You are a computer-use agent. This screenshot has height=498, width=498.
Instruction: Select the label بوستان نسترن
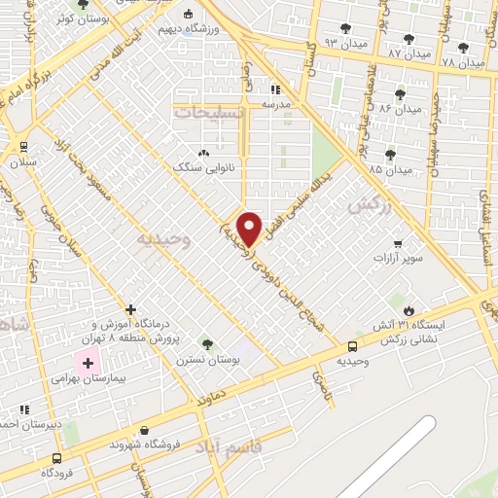207,359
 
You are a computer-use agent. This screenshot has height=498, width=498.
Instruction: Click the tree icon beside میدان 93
346,28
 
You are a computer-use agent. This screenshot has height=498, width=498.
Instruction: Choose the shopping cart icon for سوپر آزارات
397,243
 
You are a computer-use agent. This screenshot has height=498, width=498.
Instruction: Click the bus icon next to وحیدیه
351,345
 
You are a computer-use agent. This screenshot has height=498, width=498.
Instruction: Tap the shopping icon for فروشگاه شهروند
146,430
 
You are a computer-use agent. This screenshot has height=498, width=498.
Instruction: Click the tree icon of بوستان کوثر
83,5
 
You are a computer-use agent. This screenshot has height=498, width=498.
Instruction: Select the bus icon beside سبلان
22,147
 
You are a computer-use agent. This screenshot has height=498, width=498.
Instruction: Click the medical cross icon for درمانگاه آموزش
131,309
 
